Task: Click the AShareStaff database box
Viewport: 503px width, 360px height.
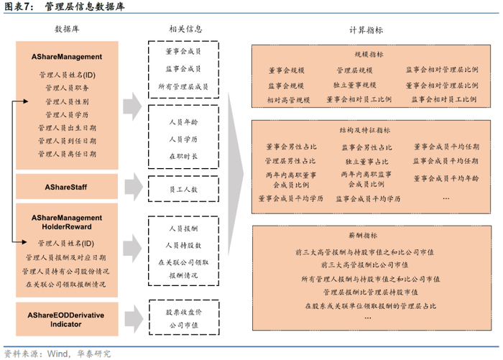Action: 67,187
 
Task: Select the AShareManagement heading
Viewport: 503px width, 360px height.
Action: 67,56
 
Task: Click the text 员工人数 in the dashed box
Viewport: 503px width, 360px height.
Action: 183,188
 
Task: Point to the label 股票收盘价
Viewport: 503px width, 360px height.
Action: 183,314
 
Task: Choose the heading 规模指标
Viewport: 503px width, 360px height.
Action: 369,55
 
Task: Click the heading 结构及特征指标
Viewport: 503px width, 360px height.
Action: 369,131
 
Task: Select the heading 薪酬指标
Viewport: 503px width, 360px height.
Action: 369,236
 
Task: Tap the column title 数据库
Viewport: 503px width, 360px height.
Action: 67,29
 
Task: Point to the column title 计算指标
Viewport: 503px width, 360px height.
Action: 366,29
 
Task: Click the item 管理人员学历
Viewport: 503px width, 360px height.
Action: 67,114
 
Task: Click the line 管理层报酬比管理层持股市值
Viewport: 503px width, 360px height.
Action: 369,292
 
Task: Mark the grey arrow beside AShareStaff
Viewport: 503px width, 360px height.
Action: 132,188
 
